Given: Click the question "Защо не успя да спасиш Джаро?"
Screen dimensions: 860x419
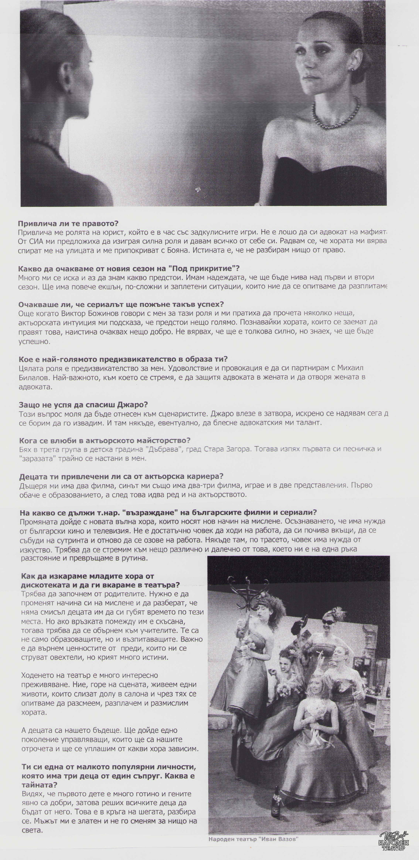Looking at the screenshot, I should click(x=83, y=405).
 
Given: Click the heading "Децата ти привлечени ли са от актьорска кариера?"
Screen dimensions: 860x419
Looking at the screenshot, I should click(x=121, y=476).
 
